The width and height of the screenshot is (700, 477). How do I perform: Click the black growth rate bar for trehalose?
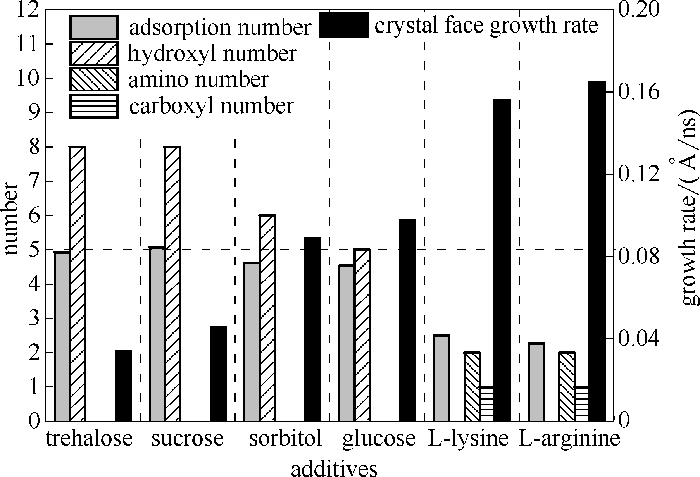124,386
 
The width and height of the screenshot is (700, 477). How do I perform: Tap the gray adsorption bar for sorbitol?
252,341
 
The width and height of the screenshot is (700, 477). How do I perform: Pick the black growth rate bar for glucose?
407,320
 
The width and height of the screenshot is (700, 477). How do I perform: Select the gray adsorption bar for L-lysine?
441,378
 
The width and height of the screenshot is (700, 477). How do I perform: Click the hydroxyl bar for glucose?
362,335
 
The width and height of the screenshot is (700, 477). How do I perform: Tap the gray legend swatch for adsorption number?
93,27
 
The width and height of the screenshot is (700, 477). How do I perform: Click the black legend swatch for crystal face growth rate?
344,25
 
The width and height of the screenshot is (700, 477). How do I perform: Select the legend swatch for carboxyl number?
93,106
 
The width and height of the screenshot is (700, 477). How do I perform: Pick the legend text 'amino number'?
198,79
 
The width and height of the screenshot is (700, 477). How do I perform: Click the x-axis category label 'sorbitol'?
286,439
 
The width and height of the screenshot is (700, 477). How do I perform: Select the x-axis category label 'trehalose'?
90,439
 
